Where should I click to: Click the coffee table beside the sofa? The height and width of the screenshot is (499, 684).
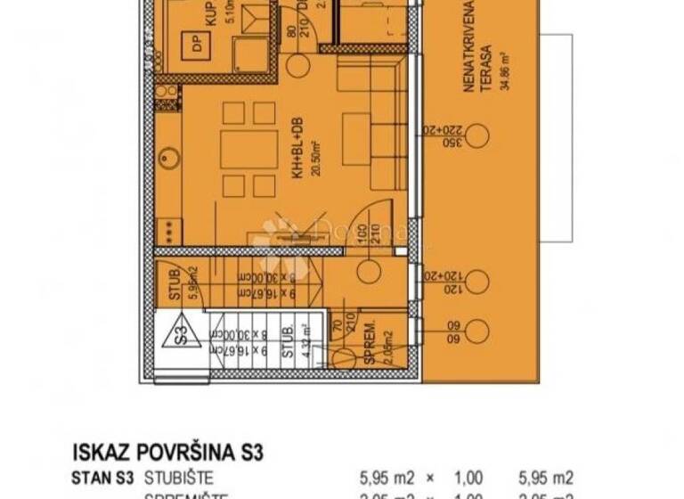pos(356,139)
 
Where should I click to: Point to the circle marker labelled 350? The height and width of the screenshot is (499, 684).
pos(477,136)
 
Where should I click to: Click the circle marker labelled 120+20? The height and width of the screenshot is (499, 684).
pos(477,283)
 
